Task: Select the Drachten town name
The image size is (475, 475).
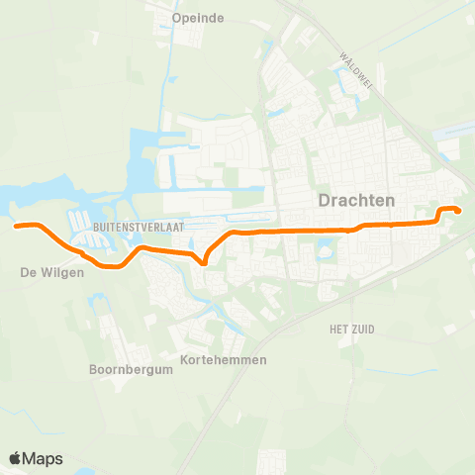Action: coord(356,200)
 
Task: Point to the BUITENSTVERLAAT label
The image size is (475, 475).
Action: coord(135,227)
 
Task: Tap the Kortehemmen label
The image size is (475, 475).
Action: coord(225,359)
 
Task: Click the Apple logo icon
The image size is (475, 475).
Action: coord(16,458)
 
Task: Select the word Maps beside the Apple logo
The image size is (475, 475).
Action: coord(44,458)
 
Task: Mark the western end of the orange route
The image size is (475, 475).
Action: coord(17,226)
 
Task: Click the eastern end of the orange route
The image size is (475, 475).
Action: coord(457,209)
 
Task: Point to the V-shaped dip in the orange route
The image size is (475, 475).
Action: coord(203,263)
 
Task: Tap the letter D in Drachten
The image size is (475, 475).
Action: coord(324,200)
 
